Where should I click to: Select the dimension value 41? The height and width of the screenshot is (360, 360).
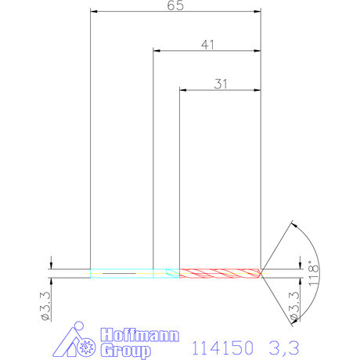207,45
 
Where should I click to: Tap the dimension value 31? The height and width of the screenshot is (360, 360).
221,84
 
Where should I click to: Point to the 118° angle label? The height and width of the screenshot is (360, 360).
315,275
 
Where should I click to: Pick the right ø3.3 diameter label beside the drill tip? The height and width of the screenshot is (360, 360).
294,306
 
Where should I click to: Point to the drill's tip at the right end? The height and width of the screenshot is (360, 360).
262,273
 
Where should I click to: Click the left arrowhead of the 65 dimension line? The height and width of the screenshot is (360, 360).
95,12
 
